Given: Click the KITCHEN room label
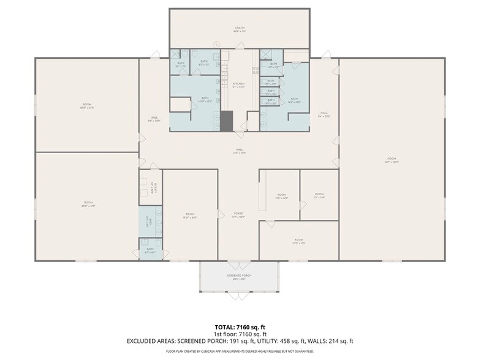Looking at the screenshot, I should (239, 84).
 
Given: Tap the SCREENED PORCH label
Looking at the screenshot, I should (239, 276).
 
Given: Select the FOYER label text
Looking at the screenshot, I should (239, 214).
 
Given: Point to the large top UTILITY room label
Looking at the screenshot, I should (239, 28).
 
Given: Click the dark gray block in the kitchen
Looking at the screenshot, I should (227, 121).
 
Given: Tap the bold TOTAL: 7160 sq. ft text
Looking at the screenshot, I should (240, 327).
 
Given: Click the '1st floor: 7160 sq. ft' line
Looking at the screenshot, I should (240, 334).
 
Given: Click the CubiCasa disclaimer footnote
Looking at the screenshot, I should (240, 351).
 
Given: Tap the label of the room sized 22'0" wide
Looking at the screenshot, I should (298, 240).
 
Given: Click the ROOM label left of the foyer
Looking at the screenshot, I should (190, 214).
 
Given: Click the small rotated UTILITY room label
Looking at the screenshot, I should (156, 188).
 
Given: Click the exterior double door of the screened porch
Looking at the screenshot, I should (239, 294).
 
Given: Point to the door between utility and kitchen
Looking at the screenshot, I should (240, 46).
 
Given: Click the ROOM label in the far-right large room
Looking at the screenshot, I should (392, 160).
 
